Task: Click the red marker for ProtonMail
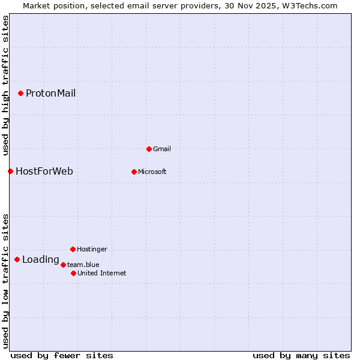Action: [20, 93]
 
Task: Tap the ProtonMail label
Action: [50, 93]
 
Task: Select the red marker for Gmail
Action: [149, 149]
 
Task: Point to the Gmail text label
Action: [161, 149]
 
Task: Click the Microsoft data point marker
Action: [134, 172]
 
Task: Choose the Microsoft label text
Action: [152, 172]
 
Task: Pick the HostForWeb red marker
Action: [10, 171]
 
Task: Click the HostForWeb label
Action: [44, 172]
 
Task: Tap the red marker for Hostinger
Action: [73, 249]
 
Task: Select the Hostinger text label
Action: [92, 249]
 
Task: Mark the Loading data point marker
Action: [17, 259]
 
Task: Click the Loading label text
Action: [40, 260]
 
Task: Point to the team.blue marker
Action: [63, 265]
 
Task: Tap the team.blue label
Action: [83, 265]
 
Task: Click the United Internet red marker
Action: [73, 273]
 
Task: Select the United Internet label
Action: [101, 273]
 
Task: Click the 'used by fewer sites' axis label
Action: [62, 355]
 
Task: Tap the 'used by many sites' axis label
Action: [301, 355]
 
